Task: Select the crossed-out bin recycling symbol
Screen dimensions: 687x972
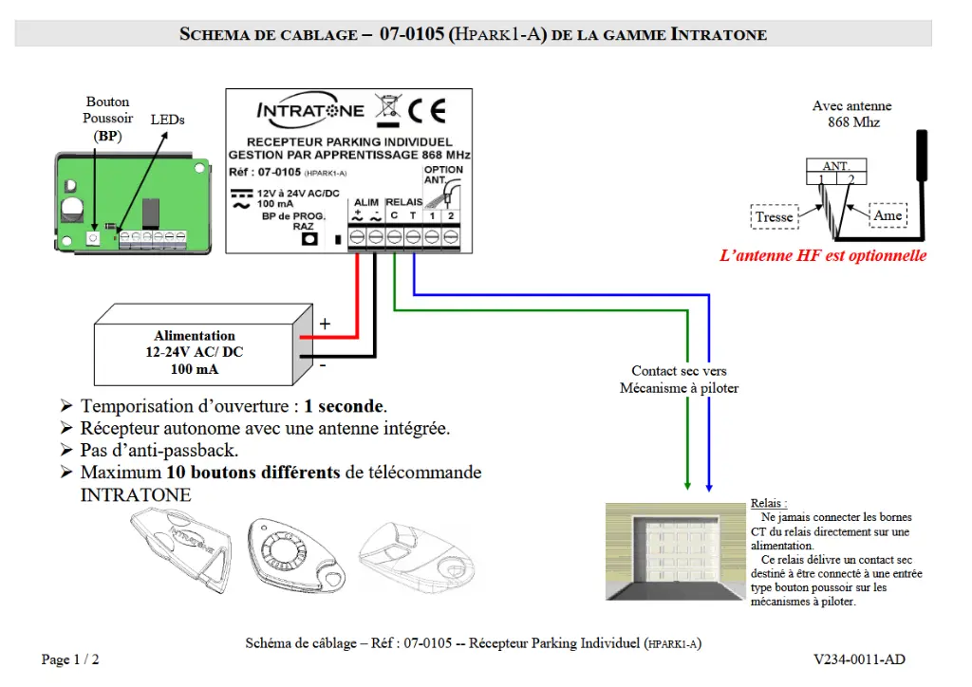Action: point(386,108)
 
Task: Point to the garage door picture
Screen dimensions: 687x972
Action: point(676,551)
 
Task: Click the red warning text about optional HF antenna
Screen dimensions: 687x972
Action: point(823,256)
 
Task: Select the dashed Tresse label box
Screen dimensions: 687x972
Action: point(774,217)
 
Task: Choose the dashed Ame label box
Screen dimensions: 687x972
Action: point(888,215)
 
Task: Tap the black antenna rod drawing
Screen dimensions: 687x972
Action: point(920,156)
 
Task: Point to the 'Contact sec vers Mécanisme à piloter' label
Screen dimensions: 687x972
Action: point(679,380)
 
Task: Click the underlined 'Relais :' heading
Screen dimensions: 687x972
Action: point(769,504)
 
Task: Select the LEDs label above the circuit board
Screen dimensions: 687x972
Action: point(168,121)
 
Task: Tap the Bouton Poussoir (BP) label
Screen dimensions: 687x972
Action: point(107,119)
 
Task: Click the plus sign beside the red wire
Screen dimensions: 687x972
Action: point(325,324)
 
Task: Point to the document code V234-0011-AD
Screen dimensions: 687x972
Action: point(859,659)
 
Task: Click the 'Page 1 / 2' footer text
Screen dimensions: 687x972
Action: point(70,659)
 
